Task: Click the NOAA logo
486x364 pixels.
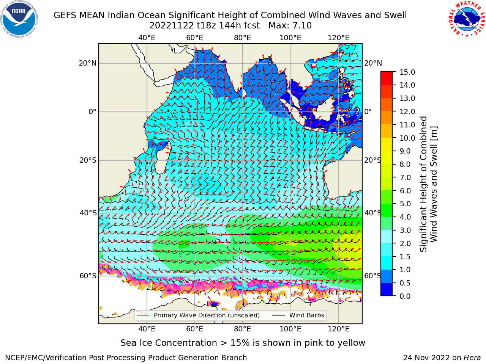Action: tap(19, 19)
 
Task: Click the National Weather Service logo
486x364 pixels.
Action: tap(467, 19)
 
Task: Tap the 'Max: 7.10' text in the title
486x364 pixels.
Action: tap(290, 26)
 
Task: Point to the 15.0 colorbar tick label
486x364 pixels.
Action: tap(407, 72)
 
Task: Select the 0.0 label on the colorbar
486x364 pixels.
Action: tap(405, 296)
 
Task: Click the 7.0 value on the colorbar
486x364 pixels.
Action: tap(405, 177)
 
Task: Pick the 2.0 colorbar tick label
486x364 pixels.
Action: tap(405, 243)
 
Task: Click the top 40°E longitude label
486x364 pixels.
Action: tap(147, 38)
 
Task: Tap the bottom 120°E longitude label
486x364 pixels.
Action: tap(338, 329)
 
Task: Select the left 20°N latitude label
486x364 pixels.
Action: tap(88, 63)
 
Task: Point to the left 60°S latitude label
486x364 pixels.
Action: tap(88, 276)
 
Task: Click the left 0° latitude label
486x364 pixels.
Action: tap(92, 111)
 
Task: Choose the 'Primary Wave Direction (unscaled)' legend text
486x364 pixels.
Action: tap(207, 315)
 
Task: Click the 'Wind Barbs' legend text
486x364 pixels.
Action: tap(306, 315)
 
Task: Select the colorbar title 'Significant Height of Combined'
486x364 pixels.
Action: tap(423, 184)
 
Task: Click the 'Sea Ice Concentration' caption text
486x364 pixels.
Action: tap(169, 343)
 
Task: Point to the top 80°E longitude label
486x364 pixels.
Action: tap(243, 38)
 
